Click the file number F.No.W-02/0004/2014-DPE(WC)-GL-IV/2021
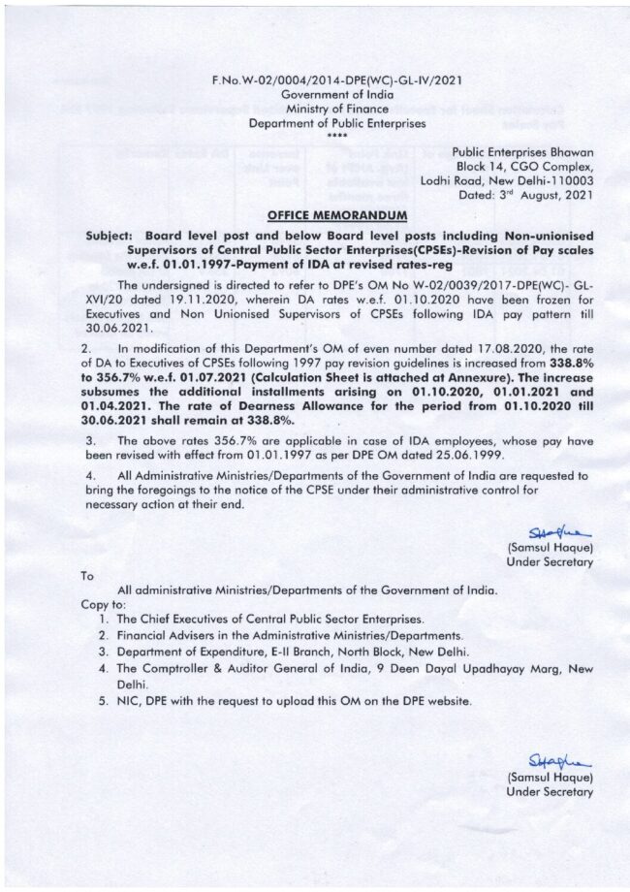[337, 81]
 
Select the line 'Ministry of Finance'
[337, 110]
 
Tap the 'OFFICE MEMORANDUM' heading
[336, 214]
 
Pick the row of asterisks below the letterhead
[336, 136]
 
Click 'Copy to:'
[101, 604]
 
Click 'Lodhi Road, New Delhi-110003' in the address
[514, 180]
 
